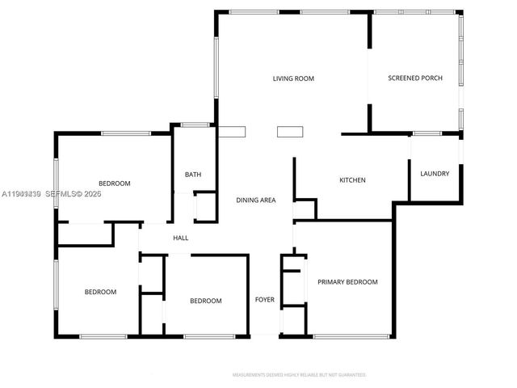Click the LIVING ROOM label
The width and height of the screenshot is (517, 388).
(292, 78)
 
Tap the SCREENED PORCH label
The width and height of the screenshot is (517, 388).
(414, 78)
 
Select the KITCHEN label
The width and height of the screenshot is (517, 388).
(352, 180)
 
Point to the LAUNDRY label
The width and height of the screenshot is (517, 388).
(435, 174)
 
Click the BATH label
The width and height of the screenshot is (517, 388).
(192, 175)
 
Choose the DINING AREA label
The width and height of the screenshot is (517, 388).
(256, 200)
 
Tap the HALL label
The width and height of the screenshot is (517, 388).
(181, 238)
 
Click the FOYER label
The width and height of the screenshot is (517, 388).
(265, 300)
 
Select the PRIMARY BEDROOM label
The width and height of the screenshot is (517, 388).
(347, 282)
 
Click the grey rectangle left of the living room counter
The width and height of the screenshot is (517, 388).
(233, 133)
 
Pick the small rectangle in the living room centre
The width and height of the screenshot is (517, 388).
(289, 133)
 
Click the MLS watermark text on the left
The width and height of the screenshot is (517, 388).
(51, 194)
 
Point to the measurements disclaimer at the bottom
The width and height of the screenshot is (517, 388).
(299, 375)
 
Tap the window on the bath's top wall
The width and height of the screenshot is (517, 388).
(193, 124)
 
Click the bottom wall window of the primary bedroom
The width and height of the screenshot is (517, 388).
(347, 336)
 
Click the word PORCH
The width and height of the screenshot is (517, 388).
(431, 78)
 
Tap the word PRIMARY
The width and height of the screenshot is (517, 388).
(331, 282)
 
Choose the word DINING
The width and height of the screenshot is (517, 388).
(246, 200)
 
